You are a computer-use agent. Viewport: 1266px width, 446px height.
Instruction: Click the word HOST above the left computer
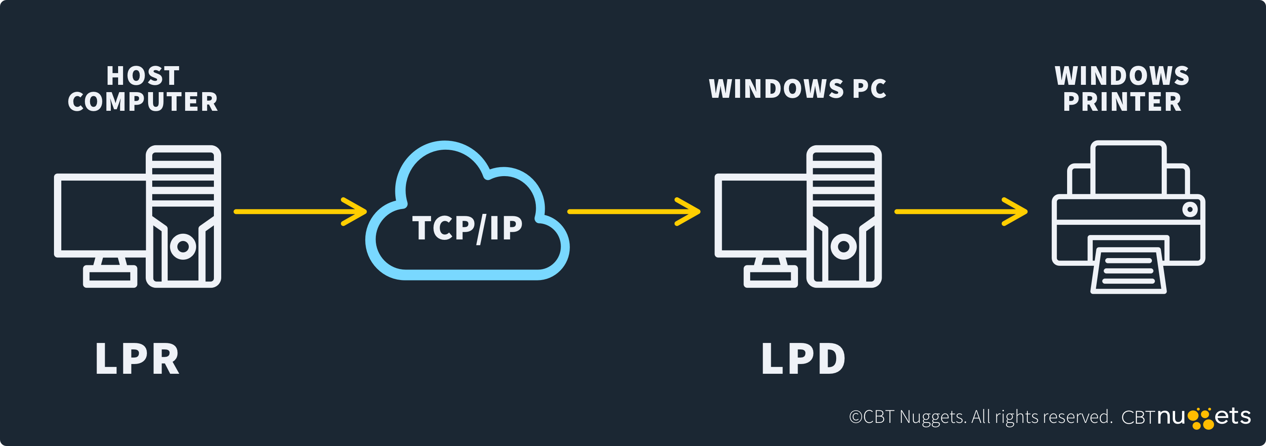(143, 76)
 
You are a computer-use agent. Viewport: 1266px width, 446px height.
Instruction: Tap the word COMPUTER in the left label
(143, 102)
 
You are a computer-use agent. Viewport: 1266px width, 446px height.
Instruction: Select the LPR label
(137, 359)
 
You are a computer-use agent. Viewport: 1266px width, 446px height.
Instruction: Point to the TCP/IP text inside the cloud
(467, 228)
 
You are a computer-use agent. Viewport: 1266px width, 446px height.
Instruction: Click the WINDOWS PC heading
(797, 89)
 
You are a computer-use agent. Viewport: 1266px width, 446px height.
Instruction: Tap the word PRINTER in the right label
(1122, 102)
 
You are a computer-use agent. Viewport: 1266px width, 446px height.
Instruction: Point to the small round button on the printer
(1190, 210)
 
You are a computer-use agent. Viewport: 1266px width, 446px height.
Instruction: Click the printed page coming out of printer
(1128, 271)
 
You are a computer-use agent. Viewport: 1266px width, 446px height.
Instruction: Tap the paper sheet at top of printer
(1127, 170)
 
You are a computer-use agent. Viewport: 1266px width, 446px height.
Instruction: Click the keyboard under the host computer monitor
(110, 276)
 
